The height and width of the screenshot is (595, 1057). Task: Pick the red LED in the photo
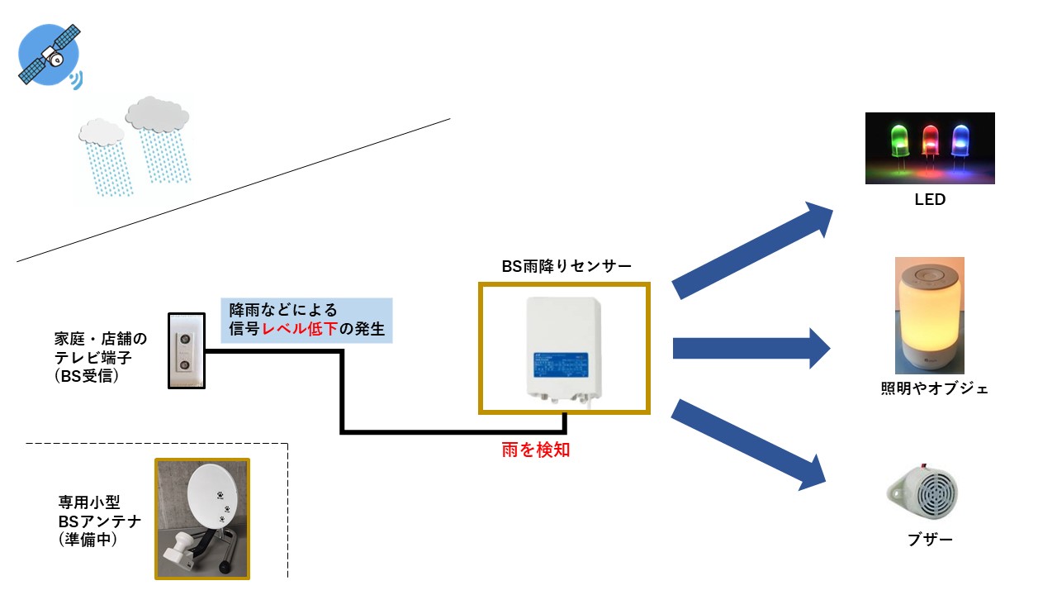point(930,142)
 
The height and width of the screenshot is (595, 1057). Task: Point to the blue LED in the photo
point(960,141)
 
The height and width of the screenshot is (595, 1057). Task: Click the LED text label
point(929,200)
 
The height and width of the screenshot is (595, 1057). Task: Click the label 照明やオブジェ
point(934,388)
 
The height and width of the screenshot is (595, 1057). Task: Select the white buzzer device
point(924,493)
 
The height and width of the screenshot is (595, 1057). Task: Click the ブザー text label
point(930,540)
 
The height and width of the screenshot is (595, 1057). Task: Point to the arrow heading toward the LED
point(752,248)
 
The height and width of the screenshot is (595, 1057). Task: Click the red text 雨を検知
point(536,450)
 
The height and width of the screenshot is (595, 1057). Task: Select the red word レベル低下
point(301,331)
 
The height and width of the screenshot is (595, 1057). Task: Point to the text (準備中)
point(88,541)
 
